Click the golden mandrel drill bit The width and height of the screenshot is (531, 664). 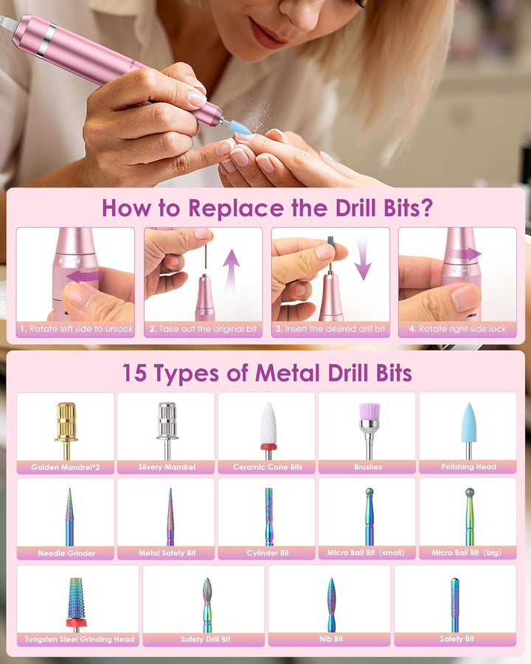click(x=66, y=430)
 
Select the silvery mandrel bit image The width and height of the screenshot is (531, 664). click(x=167, y=430)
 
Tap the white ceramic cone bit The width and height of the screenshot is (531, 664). click(x=268, y=430)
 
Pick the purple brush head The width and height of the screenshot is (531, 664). click(x=369, y=430)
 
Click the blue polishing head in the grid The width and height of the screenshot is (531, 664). click(x=469, y=430)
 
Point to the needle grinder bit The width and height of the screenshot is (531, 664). click(x=69, y=516)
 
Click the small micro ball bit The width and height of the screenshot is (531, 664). click(x=369, y=516)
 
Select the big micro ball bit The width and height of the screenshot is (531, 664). click(x=470, y=516)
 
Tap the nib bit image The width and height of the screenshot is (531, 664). click(x=331, y=605)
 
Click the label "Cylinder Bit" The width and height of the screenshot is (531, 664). click(x=268, y=553)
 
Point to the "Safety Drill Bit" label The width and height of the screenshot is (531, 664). click(x=205, y=639)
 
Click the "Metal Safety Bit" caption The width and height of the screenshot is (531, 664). click(x=167, y=553)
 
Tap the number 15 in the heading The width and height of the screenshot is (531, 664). click(x=135, y=373)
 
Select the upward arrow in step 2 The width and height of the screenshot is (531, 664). click(x=231, y=270)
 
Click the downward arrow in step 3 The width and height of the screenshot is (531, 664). click(x=363, y=258)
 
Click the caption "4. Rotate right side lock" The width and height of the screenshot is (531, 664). click(x=457, y=329)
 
